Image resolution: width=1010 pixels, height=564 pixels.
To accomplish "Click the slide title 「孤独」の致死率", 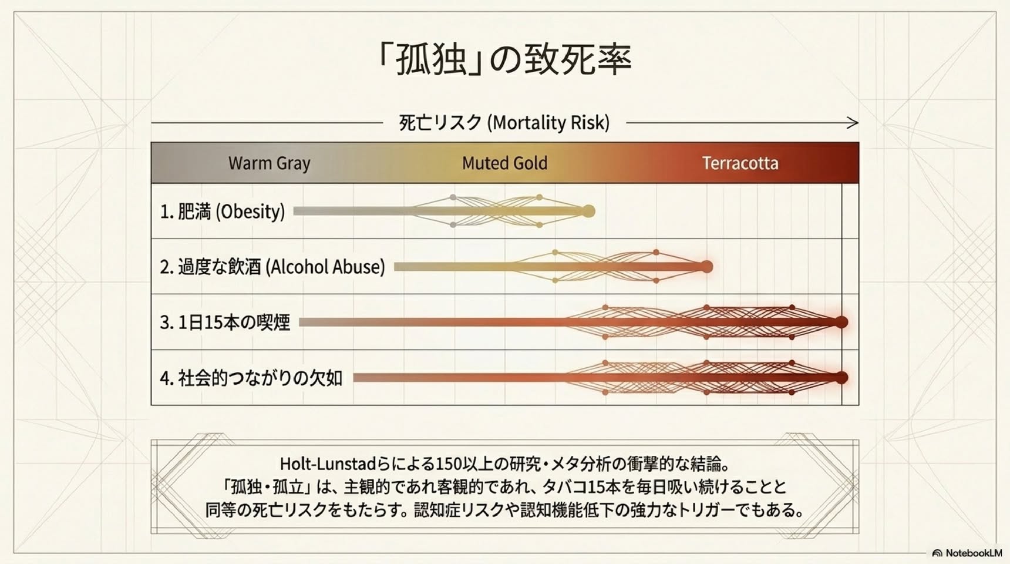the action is tap(504, 59).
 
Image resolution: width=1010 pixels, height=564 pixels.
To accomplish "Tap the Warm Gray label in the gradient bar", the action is tap(270, 163).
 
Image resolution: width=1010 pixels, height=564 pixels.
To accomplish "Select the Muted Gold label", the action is tap(504, 163).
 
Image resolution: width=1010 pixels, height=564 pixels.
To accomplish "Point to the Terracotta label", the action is tap(740, 163).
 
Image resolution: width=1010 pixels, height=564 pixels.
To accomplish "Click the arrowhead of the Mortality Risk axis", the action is tap(853, 123).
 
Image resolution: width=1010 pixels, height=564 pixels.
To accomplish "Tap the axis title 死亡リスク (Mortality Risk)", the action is tap(504, 123).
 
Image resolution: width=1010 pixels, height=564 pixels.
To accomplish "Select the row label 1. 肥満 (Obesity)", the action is tap(222, 211).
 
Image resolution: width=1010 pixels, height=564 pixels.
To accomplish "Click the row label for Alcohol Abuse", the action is tap(272, 267).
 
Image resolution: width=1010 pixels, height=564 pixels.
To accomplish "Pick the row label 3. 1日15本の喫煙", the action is tap(225, 322).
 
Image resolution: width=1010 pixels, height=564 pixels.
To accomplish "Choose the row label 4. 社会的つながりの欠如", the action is tap(251, 378).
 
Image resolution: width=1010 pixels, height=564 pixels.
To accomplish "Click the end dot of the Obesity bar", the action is tap(588, 211).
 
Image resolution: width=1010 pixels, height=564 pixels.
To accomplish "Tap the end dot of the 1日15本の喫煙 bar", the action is tap(841, 322).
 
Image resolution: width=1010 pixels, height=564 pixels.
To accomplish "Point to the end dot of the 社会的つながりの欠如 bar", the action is tap(841, 377).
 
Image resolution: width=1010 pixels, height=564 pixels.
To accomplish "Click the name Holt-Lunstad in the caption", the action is tap(327, 464).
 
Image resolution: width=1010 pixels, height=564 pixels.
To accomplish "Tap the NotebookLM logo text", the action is tap(974, 553).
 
